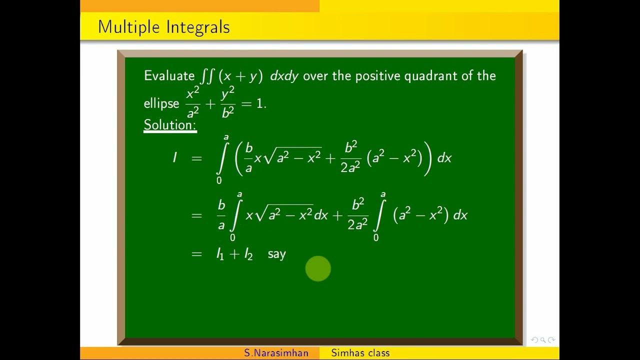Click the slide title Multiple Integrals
point(163,26)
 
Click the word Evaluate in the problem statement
point(169,76)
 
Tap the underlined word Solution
point(170,125)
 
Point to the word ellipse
point(161,103)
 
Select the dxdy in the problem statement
point(284,76)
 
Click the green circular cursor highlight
point(318,268)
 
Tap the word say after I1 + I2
point(276,254)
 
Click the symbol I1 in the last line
point(220,254)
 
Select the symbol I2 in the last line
point(248,254)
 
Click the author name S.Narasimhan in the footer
point(276,353)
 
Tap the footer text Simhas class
point(360,353)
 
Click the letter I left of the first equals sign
point(174,158)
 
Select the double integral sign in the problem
point(206,76)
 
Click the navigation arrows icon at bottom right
point(542,340)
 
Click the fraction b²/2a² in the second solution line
point(357,215)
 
